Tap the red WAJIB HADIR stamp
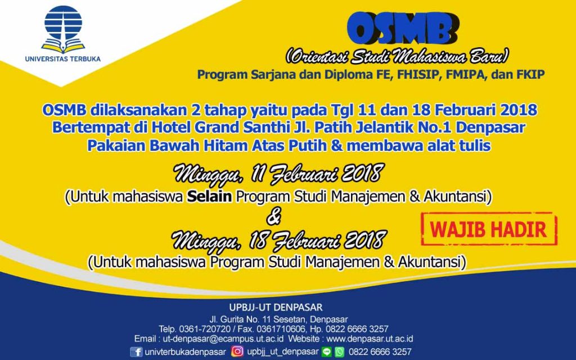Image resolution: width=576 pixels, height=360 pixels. (489, 229)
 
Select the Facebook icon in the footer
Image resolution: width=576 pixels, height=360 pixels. (136, 352)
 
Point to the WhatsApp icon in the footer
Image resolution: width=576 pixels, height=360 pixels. (339, 352)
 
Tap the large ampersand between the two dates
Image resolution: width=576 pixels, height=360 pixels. (279, 216)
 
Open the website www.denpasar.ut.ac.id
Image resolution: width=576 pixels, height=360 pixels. (370, 339)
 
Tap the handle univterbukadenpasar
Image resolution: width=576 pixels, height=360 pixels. (184, 352)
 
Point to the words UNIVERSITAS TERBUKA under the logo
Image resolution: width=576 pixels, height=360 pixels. (63, 58)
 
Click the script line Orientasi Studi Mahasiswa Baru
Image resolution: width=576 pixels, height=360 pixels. (397, 57)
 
